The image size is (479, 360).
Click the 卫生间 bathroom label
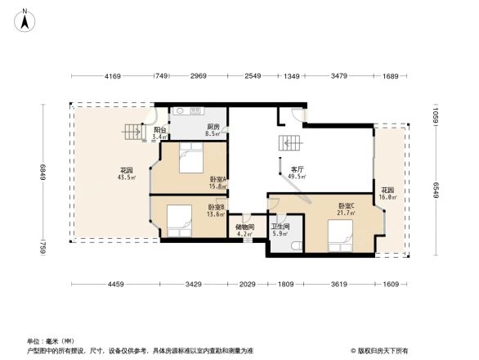pos(280,228)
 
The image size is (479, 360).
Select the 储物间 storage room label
pos(244,228)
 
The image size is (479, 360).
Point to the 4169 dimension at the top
pos(113,77)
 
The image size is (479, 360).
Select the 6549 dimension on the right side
pos(436,191)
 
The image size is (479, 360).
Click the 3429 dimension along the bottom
pos(193,284)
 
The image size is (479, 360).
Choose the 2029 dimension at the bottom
pos(246,284)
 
